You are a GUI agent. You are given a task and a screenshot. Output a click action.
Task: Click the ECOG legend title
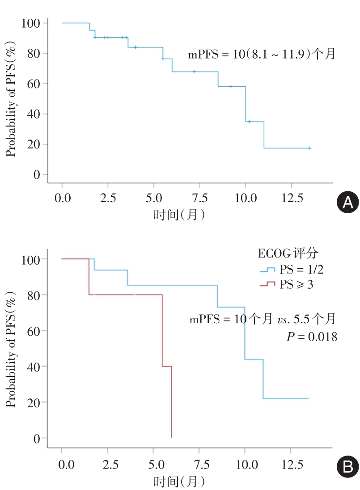[288, 253]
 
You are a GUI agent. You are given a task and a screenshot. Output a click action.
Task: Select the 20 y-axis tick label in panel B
[35, 402]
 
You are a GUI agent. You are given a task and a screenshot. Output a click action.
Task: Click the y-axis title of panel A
[11, 98]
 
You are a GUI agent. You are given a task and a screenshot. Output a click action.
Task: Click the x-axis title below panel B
[179, 481]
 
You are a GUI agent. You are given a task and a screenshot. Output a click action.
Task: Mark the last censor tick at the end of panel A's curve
[309, 148]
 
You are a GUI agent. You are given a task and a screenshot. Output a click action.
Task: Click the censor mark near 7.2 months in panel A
[194, 72]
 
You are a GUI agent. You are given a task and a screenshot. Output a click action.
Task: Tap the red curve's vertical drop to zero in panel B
[171, 402]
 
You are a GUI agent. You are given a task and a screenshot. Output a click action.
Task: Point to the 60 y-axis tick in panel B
[35, 330]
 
